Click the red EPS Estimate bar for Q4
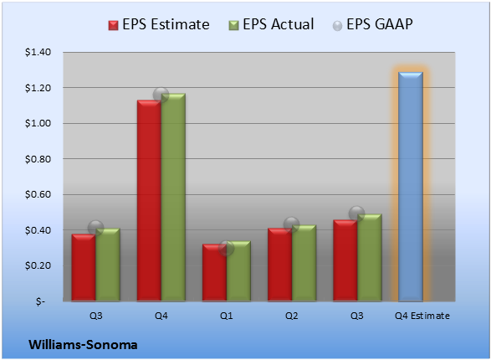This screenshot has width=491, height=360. pyautogui.click(x=149, y=201)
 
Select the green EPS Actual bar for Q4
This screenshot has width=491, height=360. pyautogui.click(x=173, y=197)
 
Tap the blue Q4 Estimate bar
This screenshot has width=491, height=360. pyautogui.click(x=411, y=187)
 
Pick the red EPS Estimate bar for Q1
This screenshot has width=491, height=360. pyautogui.click(x=214, y=273)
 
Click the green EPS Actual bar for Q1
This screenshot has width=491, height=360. pyautogui.click(x=238, y=271)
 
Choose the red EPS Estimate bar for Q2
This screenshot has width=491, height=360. pyautogui.click(x=280, y=265)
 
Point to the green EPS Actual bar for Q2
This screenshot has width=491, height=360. pyautogui.click(x=304, y=263)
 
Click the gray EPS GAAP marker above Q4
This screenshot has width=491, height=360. pyautogui.click(x=161, y=95)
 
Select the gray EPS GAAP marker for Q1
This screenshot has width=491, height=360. pyautogui.click(x=226, y=249)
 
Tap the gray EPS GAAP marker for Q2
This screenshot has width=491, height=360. pyautogui.click(x=292, y=224)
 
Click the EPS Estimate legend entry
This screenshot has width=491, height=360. pyautogui.click(x=159, y=24)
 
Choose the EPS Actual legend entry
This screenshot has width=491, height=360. pyautogui.click(x=271, y=24)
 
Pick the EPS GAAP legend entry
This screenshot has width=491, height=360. pyautogui.click(x=372, y=24)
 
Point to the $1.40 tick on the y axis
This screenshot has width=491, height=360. pyautogui.click(x=38, y=52)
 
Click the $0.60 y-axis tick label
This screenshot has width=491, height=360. pyautogui.click(x=38, y=194)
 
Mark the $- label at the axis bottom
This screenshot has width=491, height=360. pyautogui.click(x=40, y=301)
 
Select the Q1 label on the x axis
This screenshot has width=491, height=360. pyautogui.click(x=226, y=316)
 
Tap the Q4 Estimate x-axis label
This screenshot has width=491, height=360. pyautogui.click(x=422, y=316)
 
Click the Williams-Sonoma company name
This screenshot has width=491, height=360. pyautogui.click(x=83, y=345)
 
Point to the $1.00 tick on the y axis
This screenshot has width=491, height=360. pyautogui.click(x=38, y=123)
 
